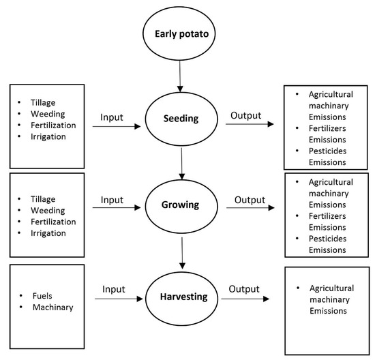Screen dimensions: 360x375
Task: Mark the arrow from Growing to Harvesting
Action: [x=181, y=254]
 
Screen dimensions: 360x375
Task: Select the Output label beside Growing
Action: [x=250, y=200]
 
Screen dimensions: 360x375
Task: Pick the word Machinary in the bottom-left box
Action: [x=54, y=308]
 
